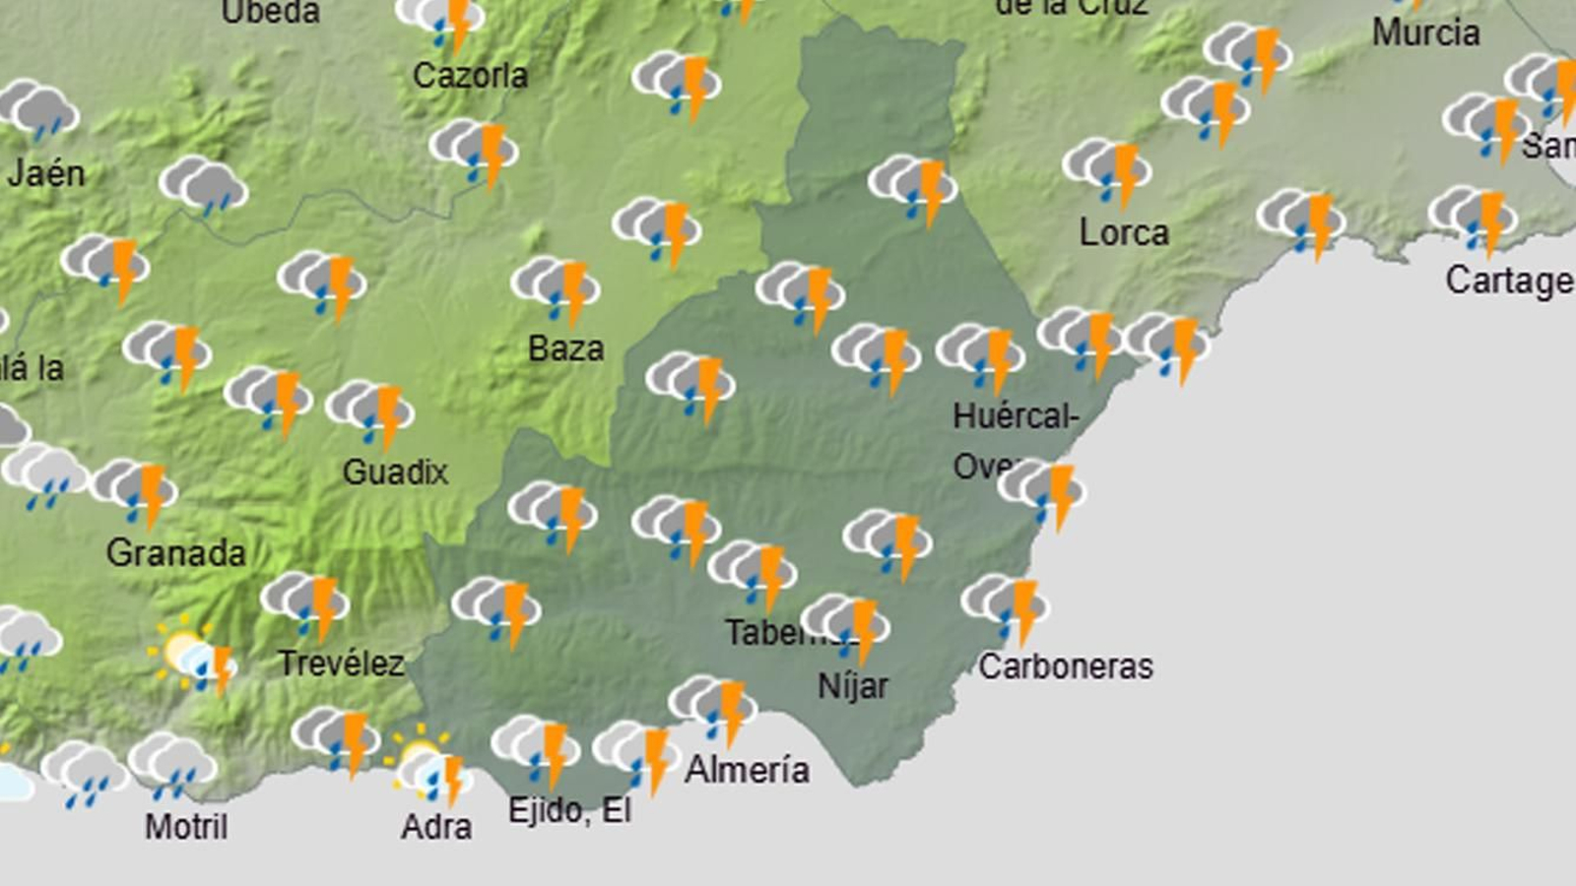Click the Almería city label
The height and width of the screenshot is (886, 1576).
(747, 770)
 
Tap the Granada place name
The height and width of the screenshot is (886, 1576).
(175, 553)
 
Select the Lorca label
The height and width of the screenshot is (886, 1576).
(1124, 233)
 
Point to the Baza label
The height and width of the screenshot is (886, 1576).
(565, 348)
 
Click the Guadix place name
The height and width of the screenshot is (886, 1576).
(395, 473)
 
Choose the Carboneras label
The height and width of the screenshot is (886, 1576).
(1066, 666)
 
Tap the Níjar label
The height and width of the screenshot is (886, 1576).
(853, 685)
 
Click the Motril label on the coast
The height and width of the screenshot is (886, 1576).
(186, 826)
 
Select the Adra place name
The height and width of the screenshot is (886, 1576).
(435, 826)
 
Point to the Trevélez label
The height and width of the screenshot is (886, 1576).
(341, 664)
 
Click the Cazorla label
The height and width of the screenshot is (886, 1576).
(470, 76)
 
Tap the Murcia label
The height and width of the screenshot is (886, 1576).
(1425, 33)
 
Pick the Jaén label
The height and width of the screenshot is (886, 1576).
(45, 174)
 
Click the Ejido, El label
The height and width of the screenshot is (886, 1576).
(569, 810)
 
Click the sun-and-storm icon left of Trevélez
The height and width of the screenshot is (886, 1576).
(194, 654)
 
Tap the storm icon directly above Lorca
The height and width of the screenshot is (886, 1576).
(1107, 169)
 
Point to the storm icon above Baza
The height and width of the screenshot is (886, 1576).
(556, 288)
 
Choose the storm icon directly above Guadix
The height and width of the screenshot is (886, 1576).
(370, 411)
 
